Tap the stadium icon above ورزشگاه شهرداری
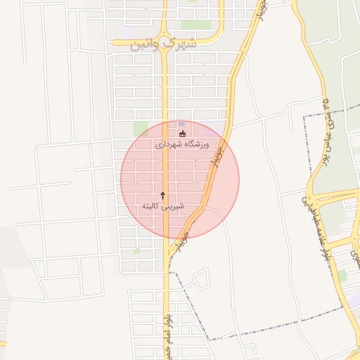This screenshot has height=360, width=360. pyautogui.click(x=183, y=133)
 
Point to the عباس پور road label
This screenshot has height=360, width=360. pyautogui.click(x=326, y=116)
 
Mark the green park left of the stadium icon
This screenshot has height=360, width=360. pyautogui.click(x=141, y=129)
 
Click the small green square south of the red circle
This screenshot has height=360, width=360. pyautogui.click(x=137, y=250)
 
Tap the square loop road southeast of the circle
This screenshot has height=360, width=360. pyautogui.click(x=200, y=279)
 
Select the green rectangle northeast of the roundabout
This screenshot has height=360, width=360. pyautogui.click(x=191, y=25)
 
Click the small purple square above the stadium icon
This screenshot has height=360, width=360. pyautogui.click(x=181, y=123)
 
